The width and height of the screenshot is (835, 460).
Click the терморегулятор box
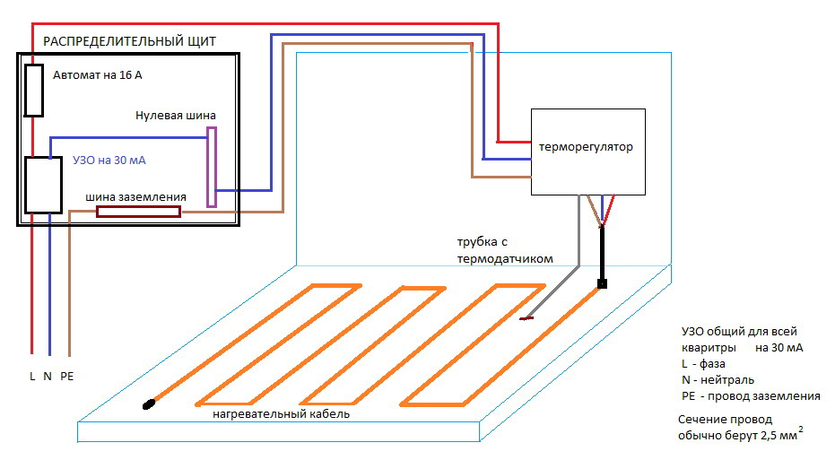588,152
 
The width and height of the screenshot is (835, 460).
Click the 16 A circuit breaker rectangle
34,91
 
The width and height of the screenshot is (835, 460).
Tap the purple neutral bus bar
212,167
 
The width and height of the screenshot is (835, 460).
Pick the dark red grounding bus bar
138,213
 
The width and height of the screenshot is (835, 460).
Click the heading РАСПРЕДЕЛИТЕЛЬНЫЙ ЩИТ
130,41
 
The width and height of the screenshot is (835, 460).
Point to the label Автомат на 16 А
98,76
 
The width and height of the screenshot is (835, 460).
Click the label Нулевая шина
176,116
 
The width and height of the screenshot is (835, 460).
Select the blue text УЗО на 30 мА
109,161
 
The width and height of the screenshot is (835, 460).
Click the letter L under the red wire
32,377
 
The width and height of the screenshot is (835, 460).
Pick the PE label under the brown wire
67,377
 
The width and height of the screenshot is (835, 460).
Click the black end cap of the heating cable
148,404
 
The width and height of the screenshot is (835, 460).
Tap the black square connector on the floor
602,284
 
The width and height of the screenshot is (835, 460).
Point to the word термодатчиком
504,258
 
